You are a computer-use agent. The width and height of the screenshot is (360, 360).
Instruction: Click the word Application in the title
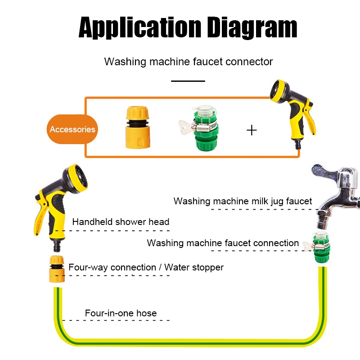140,27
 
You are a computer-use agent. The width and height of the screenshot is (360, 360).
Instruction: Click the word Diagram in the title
252,27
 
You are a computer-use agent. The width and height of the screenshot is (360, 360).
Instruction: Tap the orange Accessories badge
72,129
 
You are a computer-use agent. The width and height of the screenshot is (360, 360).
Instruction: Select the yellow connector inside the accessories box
138,127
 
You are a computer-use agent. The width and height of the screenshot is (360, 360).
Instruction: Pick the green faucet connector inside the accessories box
202,128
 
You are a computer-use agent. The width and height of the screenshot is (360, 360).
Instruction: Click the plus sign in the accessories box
252,130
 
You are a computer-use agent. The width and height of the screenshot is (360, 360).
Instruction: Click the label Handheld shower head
121,222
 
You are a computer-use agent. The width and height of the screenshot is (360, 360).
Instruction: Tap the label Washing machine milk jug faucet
243,201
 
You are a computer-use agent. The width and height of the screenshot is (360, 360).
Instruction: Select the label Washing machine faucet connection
223,243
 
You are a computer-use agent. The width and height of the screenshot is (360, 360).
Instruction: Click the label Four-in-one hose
121,313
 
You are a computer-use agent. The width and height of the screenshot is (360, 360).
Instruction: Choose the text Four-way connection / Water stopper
146,267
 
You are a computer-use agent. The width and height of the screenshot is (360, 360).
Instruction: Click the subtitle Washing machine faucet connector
189,62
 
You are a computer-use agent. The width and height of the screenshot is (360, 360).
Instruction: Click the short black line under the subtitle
188,81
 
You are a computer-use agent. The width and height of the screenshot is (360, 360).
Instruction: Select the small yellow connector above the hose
57,269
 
